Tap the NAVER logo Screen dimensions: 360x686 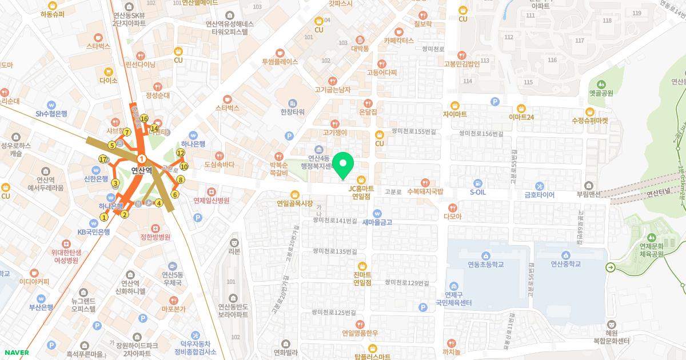tap(15, 353)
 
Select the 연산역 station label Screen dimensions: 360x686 tap(141, 170)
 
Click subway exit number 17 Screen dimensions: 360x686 tap(103, 159)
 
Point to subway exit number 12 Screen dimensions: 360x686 tap(181, 153)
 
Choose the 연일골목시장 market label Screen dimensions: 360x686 tap(295, 203)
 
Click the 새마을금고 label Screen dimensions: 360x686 tap(377, 222)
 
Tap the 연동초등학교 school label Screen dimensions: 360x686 tap(485, 264)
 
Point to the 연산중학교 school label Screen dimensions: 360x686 tap(565, 264)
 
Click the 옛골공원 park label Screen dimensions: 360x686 tap(601, 93)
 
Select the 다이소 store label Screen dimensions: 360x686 tap(108, 81)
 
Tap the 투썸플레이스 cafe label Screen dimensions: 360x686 tap(280, 61)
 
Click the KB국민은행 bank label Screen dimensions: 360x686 tap(94, 232)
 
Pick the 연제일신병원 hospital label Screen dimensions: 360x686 tap(212, 201)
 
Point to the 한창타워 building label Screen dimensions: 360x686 tap(293, 111)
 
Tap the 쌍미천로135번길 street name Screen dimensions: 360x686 tap(334, 251)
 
